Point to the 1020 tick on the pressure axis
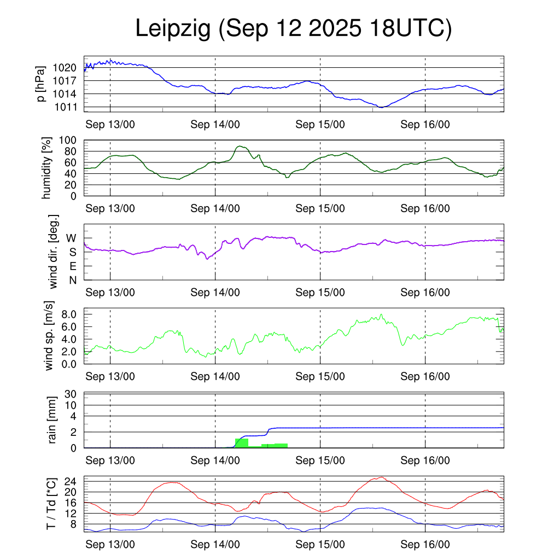point(65,68)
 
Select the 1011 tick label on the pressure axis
point(65,107)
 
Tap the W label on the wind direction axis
point(71,238)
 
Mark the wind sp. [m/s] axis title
point(49,336)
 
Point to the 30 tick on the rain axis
point(71,394)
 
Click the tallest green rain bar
point(242,443)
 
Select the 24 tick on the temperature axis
point(71,482)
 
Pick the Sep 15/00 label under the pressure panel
point(320,124)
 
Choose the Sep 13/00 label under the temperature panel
point(110,545)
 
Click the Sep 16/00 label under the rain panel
point(425,460)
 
